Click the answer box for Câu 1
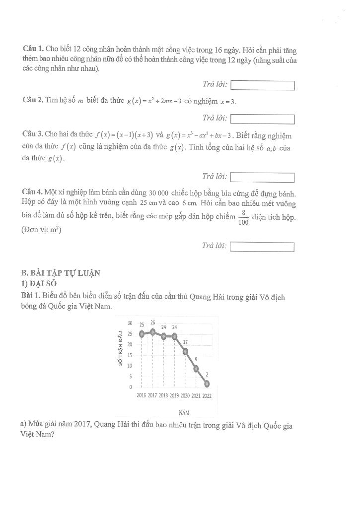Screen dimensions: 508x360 point(263,86)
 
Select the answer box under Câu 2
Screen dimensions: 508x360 point(263,119)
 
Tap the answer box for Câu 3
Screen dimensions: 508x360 point(263,178)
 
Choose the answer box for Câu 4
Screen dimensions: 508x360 point(263,247)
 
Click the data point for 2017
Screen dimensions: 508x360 point(152,331)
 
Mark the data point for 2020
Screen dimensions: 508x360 point(185,351)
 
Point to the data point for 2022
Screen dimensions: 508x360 point(207,383)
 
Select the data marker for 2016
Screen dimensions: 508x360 point(142,334)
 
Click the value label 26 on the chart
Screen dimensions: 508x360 point(153,322)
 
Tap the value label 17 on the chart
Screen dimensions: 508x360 point(186,342)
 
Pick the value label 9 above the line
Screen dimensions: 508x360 point(196,359)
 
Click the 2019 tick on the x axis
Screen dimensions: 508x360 point(174,396)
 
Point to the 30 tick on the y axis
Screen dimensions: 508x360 point(130,323)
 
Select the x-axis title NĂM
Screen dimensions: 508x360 point(183,412)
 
